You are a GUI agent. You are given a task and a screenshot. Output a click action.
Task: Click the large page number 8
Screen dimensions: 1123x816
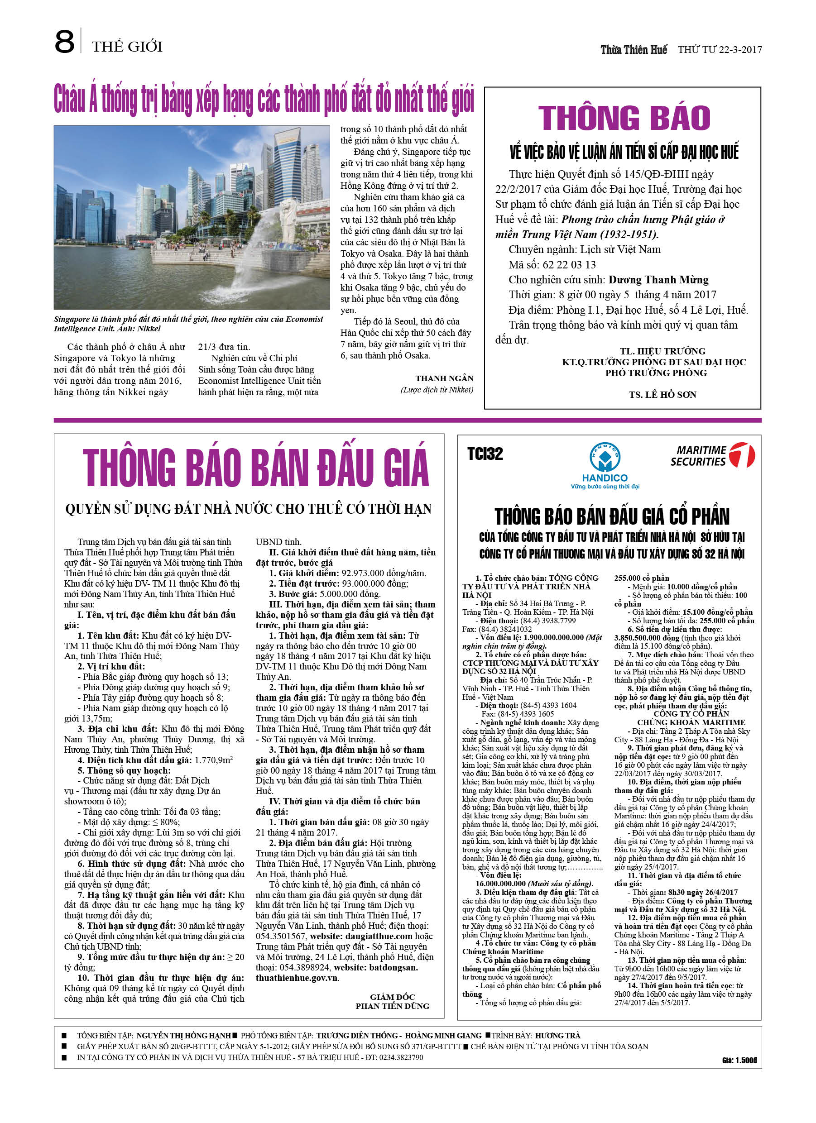64,42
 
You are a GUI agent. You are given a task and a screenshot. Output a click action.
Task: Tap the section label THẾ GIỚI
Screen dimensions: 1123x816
127,47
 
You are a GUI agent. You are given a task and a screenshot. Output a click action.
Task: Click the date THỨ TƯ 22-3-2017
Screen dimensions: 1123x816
720,49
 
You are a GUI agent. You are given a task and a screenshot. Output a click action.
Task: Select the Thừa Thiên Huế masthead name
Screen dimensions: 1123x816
634,49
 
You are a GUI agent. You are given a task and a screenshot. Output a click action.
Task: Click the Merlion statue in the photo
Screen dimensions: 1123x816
289,215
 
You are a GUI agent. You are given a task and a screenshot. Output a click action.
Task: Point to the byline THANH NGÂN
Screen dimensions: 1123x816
444,378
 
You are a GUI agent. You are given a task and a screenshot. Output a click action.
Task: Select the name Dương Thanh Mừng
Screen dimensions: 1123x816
658,280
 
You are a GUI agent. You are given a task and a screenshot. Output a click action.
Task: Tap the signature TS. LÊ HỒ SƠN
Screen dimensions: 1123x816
662,395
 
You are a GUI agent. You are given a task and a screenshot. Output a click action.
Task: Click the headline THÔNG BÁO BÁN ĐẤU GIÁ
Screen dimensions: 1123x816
256,467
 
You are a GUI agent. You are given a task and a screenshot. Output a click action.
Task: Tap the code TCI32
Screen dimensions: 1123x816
485,454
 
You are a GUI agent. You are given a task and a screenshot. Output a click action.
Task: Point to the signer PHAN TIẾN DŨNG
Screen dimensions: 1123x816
393,1006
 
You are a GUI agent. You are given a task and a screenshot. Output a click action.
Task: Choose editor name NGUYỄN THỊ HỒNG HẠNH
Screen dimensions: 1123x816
183,1035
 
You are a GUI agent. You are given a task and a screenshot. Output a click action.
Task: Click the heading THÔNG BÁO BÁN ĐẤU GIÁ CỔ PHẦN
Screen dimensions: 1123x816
612,516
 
